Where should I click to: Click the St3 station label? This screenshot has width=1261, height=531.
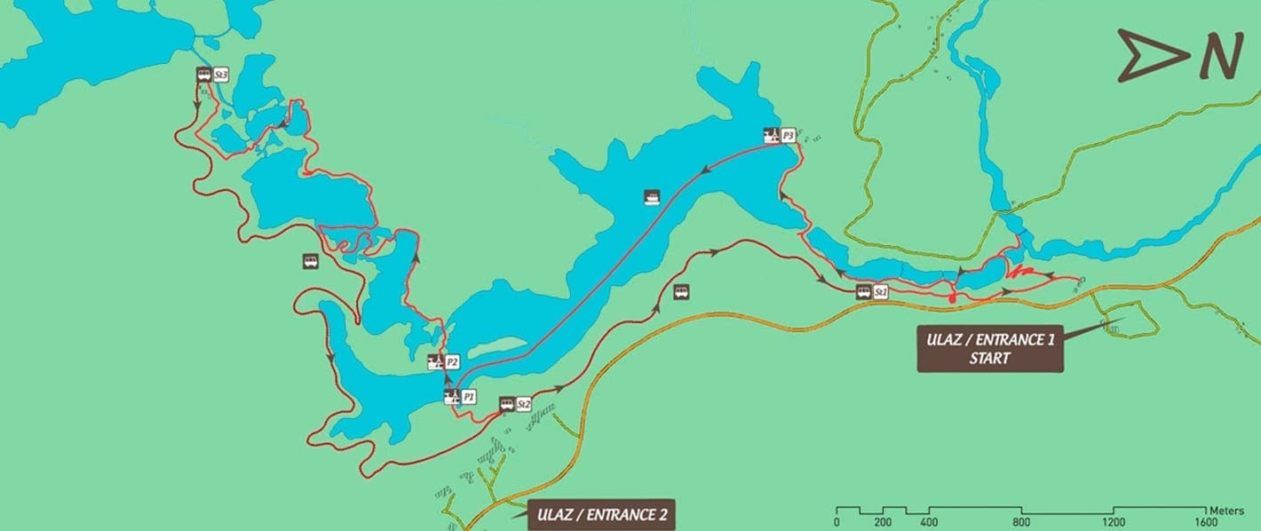(220, 75)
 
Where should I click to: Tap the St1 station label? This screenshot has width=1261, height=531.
(881, 291)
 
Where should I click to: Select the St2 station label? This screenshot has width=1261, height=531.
(523, 404)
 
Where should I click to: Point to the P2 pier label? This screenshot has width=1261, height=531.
(452, 362)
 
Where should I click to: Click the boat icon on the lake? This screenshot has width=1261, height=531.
(652, 197)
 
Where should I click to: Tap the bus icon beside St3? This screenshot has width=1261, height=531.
(203, 75)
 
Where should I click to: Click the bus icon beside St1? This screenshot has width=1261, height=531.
(863, 291)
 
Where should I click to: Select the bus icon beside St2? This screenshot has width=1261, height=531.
(506, 404)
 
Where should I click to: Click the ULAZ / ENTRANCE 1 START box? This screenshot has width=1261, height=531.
(989, 350)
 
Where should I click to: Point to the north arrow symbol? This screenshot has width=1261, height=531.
(1153, 56)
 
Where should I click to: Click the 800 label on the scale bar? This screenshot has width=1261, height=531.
(1021, 522)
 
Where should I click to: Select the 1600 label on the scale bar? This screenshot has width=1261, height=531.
(1205, 522)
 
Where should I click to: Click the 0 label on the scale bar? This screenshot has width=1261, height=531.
(837, 522)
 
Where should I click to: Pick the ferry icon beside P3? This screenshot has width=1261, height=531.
(772, 136)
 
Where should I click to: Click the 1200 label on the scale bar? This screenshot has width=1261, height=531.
(1113, 522)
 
